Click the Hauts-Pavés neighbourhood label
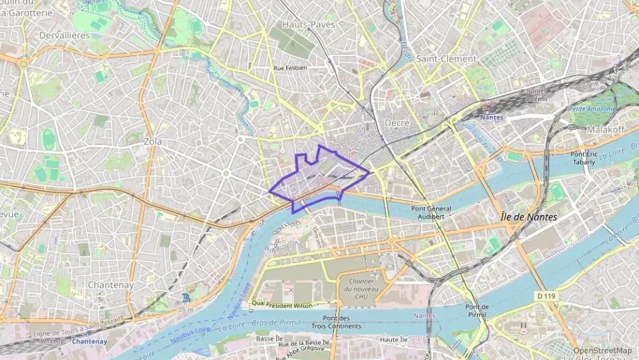pos(309,25)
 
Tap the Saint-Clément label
pos(446,59)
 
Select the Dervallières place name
pos(46,35)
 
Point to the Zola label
pos(154,141)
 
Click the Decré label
pos(397,122)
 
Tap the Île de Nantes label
pos(528,217)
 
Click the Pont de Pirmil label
pos(477,311)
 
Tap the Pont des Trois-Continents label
pos(337,322)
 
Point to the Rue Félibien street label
pos(290,68)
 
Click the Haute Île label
pos(394,340)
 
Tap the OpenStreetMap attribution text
pos(602,350)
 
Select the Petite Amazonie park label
pos(593,109)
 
